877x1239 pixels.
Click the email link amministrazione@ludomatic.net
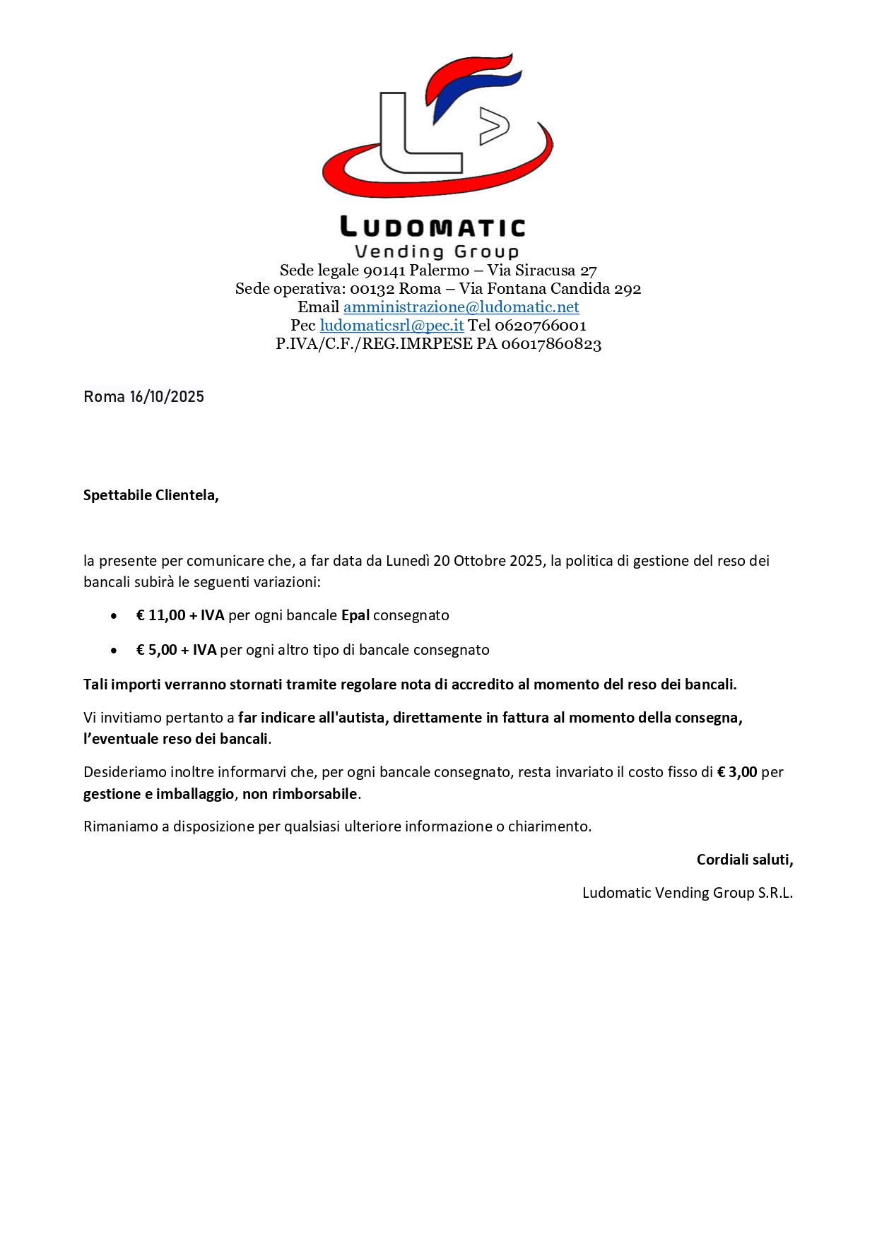pyautogui.click(x=461, y=307)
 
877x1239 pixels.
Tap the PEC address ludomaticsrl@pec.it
pyautogui.click(x=392, y=326)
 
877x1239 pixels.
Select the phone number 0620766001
pyautogui.click(x=540, y=326)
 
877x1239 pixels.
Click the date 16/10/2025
pyautogui.click(x=167, y=397)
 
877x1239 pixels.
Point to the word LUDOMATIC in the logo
pyautogui.click(x=432, y=227)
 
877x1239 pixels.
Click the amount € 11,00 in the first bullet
pyautogui.click(x=161, y=615)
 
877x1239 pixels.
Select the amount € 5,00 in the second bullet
pyautogui.click(x=157, y=650)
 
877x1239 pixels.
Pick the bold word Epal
pyautogui.click(x=355, y=615)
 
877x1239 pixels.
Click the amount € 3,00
pyautogui.click(x=737, y=772)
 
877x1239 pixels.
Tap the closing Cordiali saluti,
pyautogui.click(x=745, y=860)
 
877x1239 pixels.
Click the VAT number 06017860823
pyautogui.click(x=551, y=344)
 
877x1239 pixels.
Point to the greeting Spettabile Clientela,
pyautogui.click(x=151, y=495)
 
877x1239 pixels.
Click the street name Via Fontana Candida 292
pyautogui.click(x=550, y=289)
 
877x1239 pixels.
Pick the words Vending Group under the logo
pyautogui.click(x=437, y=251)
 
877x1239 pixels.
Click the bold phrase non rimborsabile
pyautogui.click(x=300, y=794)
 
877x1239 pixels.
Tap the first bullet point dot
pyautogui.click(x=114, y=616)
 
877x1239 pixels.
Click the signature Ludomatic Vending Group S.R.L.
pyautogui.click(x=687, y=893)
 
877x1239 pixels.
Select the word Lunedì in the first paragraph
pyautogui.click(x=408, y=561)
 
